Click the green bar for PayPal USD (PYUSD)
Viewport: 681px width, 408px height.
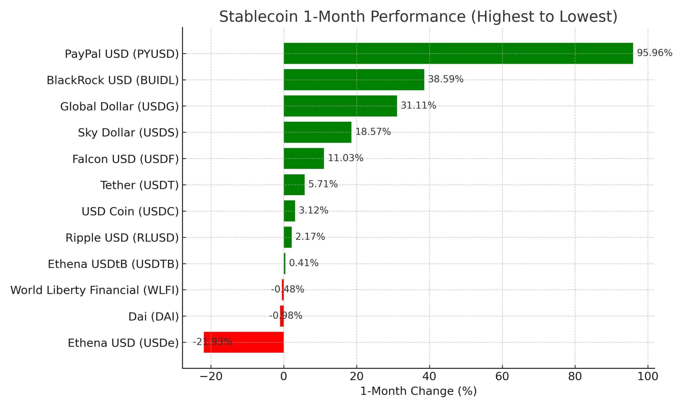point(458,53)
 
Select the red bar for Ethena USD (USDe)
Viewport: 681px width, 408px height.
point(244,342)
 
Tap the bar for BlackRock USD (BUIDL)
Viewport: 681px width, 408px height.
point(354,80)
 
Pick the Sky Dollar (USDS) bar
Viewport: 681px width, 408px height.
point(317,132)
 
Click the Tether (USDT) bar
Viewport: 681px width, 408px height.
point(294,185)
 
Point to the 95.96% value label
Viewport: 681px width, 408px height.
point(654,53)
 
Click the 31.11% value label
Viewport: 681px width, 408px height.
point(418,105)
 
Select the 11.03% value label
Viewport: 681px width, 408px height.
point(345,158)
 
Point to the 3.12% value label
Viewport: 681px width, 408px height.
point(313,211)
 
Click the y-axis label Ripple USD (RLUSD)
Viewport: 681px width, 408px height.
point(122,238)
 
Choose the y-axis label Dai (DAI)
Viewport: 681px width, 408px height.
point(153,317)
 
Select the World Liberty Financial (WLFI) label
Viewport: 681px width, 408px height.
point(94,290)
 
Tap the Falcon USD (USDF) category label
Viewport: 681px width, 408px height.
point(125,159)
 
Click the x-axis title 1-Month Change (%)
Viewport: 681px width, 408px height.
point(418,391)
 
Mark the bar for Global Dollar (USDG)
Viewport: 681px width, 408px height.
point(340,106)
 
